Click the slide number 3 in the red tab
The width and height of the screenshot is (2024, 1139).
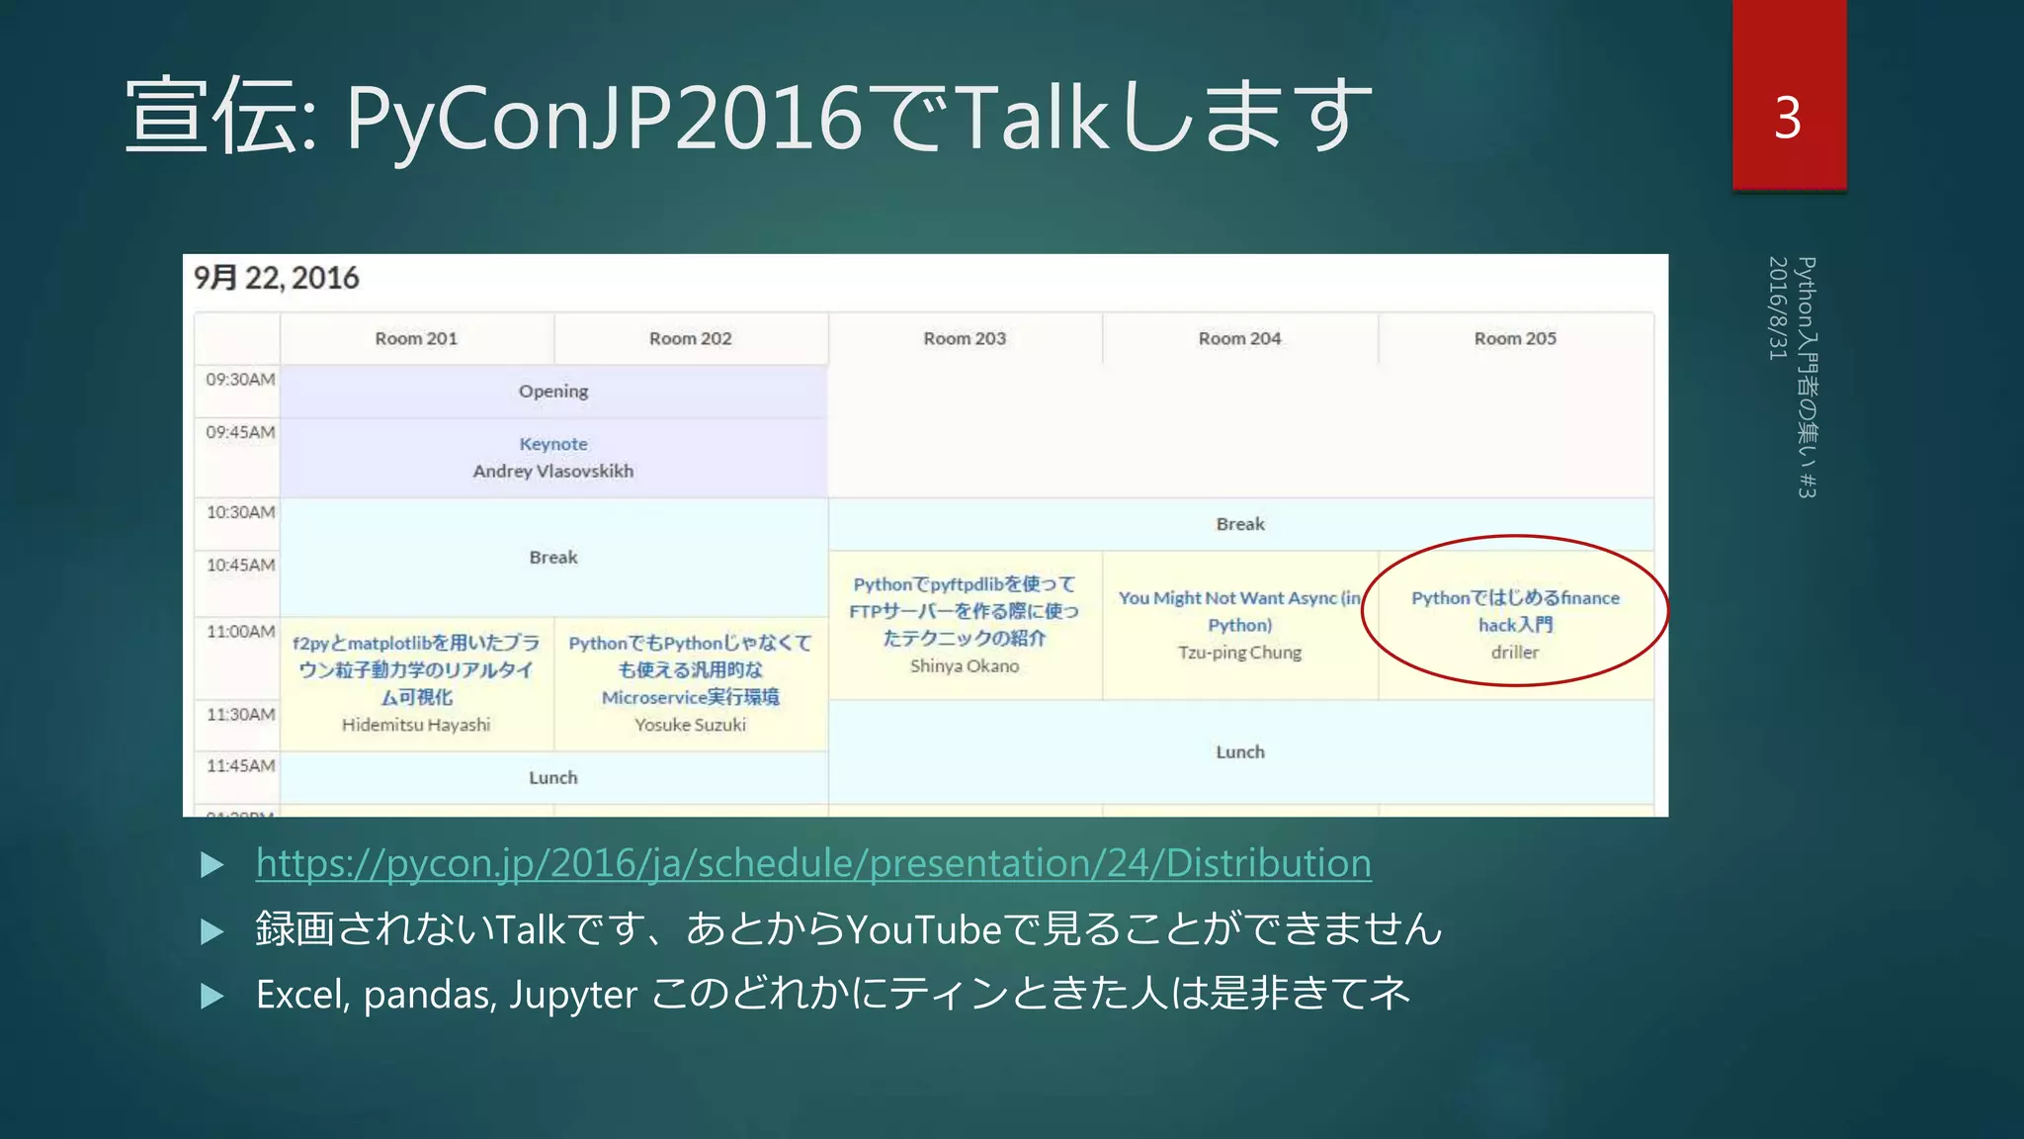click(1788, 118)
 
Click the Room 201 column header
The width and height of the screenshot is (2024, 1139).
click(416, 338)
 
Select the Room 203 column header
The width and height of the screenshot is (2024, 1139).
click(965, 338)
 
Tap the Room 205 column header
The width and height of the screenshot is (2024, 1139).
click(1515, 338)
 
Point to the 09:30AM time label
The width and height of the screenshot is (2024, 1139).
click(240, 380)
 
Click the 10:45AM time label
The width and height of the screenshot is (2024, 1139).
click(240, 565)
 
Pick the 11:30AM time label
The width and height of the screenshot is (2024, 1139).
click(240, 714)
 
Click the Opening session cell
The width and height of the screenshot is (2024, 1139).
click(553, 392)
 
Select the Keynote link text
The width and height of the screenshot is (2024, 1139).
click(553, 444)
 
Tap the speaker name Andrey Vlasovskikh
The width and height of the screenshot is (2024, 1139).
click(553, 472)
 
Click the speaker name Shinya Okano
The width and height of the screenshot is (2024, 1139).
click(965, 666)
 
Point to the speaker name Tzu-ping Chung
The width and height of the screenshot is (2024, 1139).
click(1239, 653)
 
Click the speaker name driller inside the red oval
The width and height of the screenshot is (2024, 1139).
click(1515, 653)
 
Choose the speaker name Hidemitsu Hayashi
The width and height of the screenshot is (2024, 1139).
click(416, 725)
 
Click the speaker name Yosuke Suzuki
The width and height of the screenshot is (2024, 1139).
click(690, 725)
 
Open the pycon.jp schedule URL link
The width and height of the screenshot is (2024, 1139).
click(813, 863)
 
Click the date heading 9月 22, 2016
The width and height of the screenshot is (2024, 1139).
click(276, 278)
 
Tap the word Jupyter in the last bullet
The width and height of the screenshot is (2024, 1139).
click(573, 995)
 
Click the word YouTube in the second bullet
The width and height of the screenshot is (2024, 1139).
click(924, 929)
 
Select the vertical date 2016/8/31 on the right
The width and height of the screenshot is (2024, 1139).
click(1778, 307)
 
